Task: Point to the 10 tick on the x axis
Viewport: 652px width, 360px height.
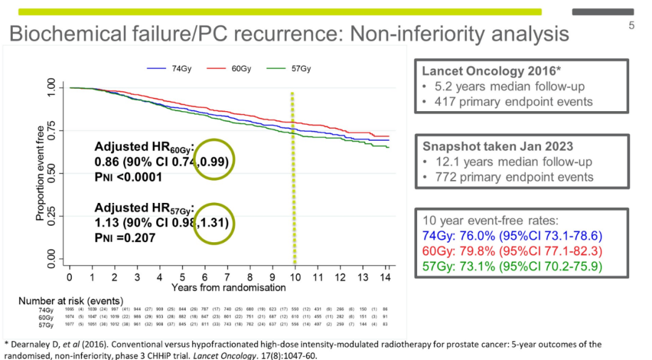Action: (295, 277)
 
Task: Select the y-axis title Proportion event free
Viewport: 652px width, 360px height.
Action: (40, 173)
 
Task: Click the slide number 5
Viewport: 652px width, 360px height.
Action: (631, 25)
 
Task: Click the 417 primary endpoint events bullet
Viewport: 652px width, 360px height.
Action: (513, 101)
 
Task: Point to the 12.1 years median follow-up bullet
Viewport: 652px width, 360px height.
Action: (513, 162)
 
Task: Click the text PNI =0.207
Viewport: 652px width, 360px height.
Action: (125, 238)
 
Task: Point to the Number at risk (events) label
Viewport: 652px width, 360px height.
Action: (71, 301)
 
